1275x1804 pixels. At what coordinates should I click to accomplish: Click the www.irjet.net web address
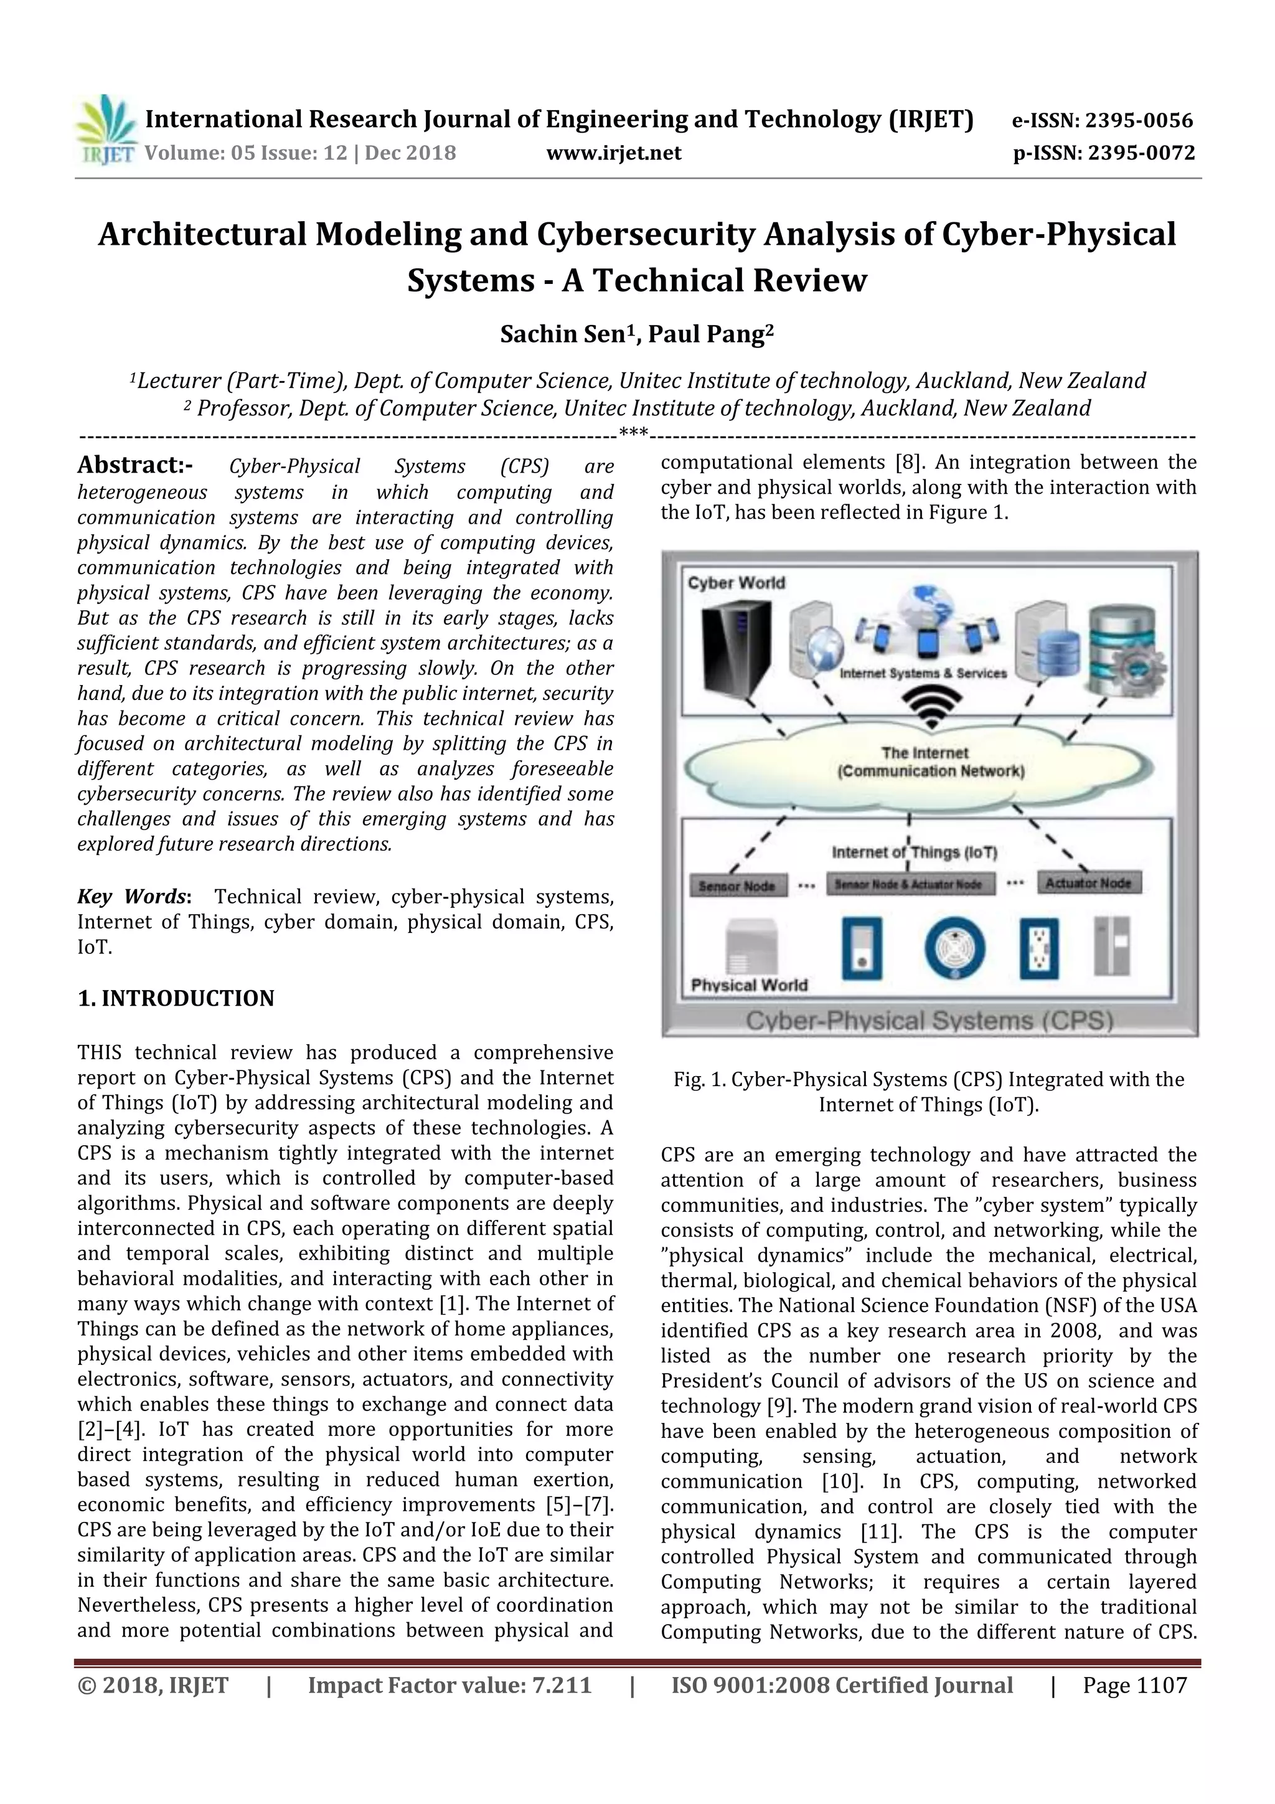coord(614,153)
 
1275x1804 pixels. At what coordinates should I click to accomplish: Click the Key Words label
coord(133,897)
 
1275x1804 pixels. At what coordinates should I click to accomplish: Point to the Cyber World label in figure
coord(736,582)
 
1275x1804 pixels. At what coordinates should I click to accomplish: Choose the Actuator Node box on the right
coord(1088,882)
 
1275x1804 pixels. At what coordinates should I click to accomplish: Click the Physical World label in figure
coord(749,985)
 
